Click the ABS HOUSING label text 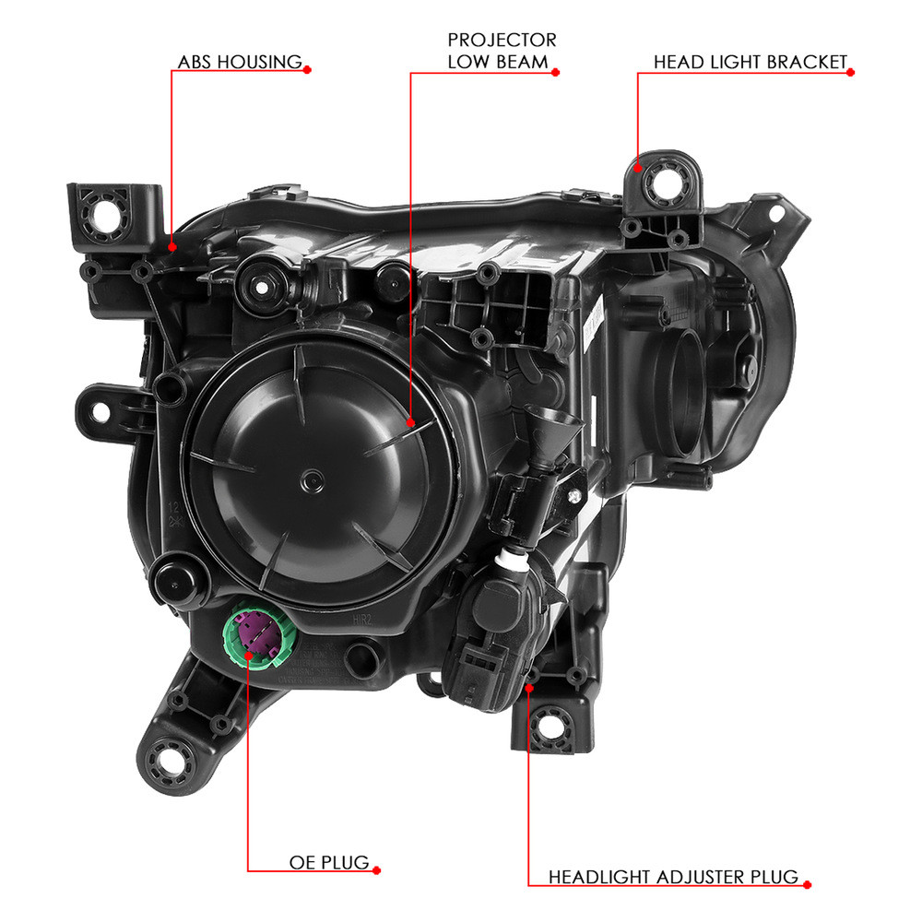tap(240, 62)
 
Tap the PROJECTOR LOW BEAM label tap(502, 51)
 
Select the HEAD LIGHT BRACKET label tap(751, 62)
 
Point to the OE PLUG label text tap(329, 862)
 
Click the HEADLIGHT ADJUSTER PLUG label tap(673, 877)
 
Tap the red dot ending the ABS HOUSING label tap(307, 70)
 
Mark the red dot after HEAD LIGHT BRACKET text tap(850, 72)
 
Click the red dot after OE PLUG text tap(377, 870)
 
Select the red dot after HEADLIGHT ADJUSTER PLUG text tap(808, 884)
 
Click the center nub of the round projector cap tap(312, 481)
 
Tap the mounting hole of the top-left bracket tap(106, 216)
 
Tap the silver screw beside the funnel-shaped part tap(574, 497)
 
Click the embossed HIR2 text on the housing tap(362, 620)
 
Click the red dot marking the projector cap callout tap(410, 422)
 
